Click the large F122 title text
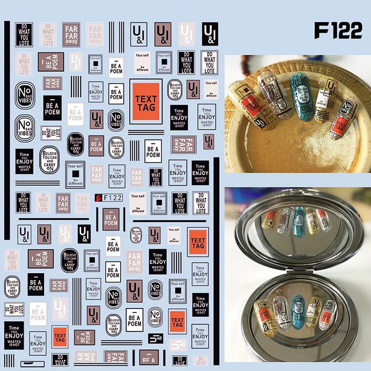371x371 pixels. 338,31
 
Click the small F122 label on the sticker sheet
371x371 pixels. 113,198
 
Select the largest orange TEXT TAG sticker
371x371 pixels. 146,101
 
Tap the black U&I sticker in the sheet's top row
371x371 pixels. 210,33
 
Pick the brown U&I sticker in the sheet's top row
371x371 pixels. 163,33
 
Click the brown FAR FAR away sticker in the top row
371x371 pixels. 71,34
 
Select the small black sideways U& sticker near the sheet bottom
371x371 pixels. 156,339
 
